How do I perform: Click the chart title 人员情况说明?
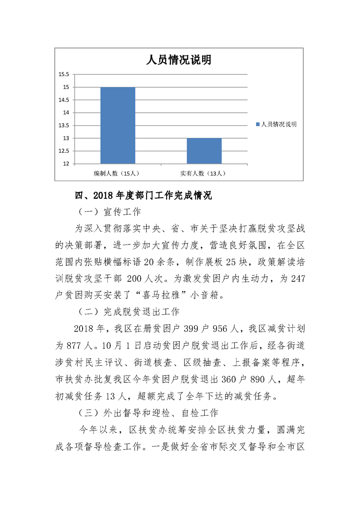[178, 60]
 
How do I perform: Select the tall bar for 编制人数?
[118, 125]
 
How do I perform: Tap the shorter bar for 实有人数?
[204, 151]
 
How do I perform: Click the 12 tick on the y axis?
[66, 164]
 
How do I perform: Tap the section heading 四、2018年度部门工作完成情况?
[143, 196]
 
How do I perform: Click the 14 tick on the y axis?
[66, 113]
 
